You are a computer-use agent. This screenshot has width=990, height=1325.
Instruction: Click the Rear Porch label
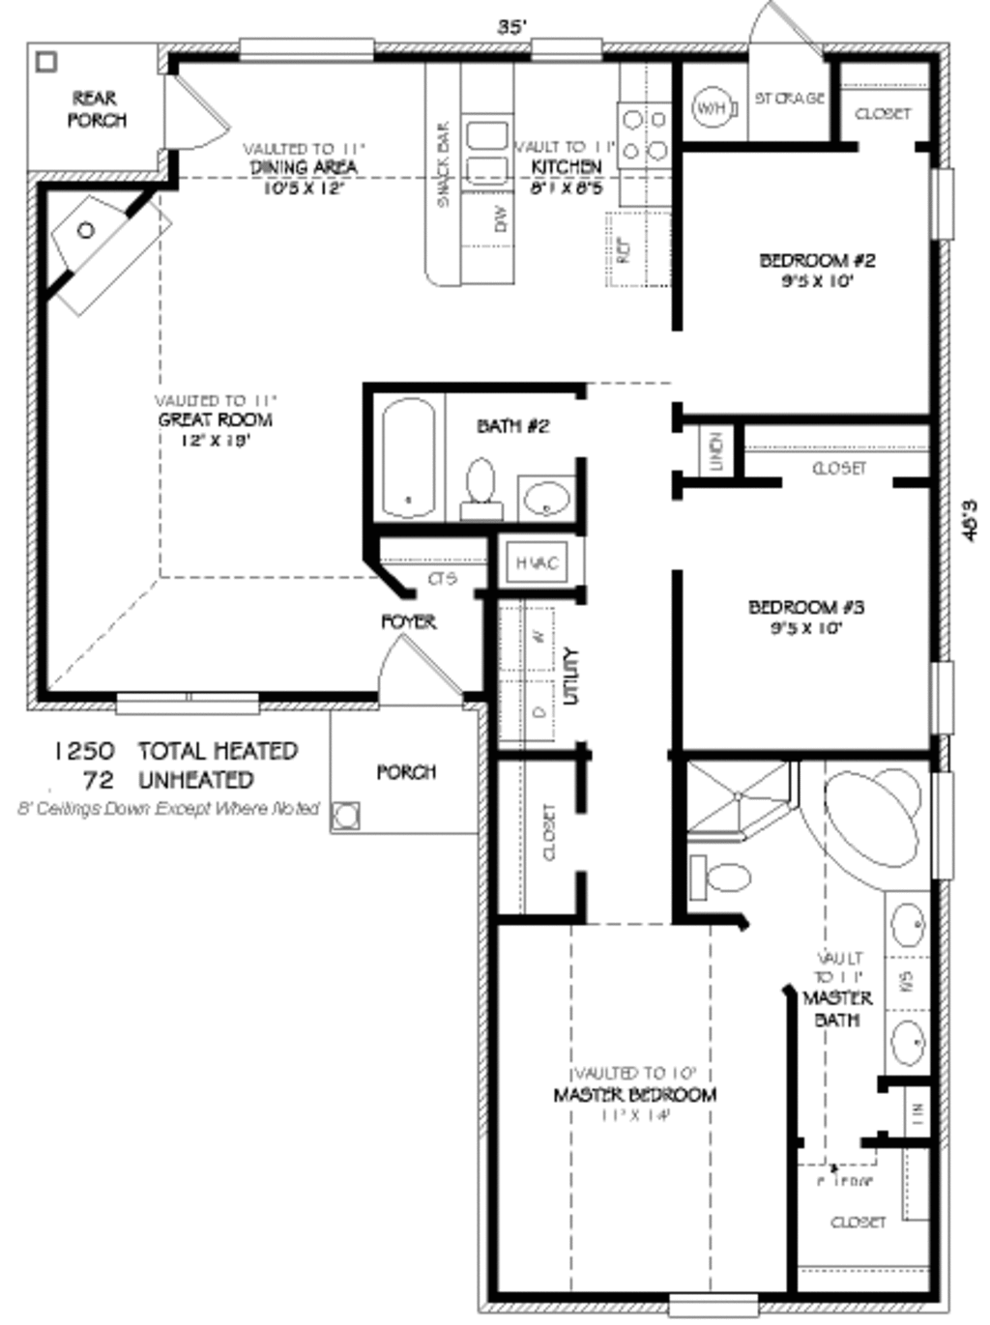tap(96, 108)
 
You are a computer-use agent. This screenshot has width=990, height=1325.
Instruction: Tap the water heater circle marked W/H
tap(711, 108)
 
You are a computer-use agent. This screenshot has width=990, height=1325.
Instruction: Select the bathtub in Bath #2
tap(408, 458)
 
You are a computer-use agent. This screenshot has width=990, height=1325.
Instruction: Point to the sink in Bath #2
tap(546, 500)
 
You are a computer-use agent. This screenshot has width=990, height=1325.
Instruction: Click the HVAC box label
tap(537, 563)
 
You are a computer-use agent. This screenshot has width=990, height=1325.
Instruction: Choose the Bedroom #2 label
tap(817, 261)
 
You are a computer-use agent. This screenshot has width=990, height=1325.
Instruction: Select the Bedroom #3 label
tap(806, 608)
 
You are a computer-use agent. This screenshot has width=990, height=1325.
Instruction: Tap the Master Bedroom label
tap(634, 1095)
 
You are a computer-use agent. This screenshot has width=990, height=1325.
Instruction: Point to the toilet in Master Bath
tap(720, 878)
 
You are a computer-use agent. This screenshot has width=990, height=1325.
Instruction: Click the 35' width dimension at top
tap(511, 26)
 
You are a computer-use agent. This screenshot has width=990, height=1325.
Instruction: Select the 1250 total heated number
tap(84, 751)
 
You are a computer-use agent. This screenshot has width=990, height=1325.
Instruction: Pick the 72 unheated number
tap(100, 780)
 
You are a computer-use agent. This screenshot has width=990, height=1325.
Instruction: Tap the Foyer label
tap(408, 622)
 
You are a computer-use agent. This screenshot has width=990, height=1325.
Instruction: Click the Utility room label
tap(571, 676)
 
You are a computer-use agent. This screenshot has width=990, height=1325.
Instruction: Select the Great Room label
tap(215, 420)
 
